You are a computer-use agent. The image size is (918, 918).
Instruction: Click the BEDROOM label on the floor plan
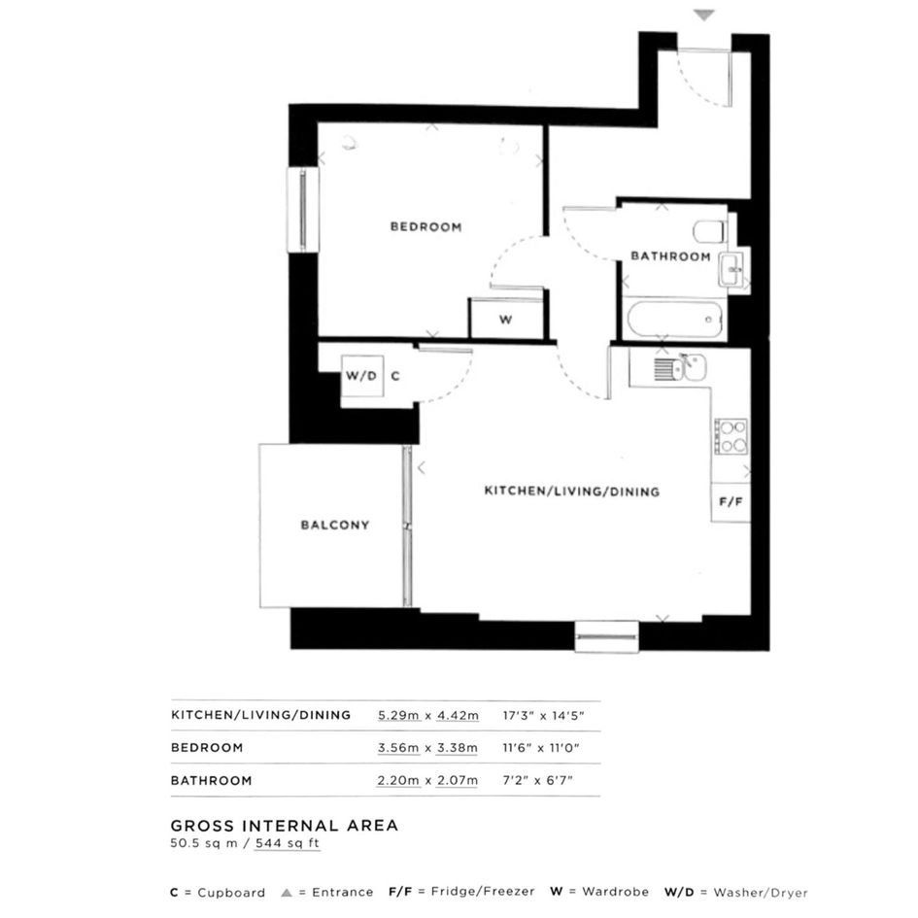425,226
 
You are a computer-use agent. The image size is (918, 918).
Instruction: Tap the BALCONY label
335,526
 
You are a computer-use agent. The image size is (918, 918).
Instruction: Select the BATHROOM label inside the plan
670,256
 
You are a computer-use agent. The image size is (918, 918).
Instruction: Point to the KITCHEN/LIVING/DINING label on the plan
571,492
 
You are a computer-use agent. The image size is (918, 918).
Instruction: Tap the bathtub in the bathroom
674,320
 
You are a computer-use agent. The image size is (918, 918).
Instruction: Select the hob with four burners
731,437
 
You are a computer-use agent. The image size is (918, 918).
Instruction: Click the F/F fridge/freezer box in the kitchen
731,501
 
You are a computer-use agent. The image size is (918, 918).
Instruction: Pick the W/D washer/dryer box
362,376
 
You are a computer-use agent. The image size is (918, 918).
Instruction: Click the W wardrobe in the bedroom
506,319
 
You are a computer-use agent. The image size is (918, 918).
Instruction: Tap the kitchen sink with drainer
680,367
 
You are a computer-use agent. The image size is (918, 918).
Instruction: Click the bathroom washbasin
731,269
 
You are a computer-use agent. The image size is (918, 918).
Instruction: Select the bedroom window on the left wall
303,210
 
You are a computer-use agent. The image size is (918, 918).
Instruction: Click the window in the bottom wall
606,636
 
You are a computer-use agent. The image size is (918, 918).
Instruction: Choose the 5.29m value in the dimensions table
398,715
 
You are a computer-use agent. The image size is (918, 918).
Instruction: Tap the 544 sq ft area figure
288,843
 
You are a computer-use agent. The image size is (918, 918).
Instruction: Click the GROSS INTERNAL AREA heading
285,826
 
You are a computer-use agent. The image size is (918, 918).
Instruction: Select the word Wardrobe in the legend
615,892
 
